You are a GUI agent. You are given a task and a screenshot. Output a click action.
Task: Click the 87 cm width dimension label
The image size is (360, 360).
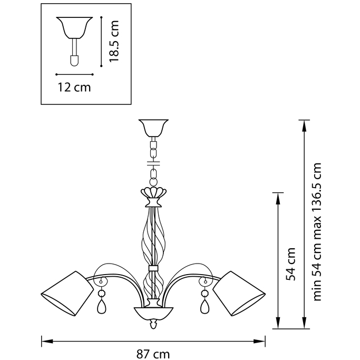pyautogui.click(x=153, y=354)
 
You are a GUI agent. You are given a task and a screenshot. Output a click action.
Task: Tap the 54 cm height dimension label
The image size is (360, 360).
pyautogui.click(x=290, y=264)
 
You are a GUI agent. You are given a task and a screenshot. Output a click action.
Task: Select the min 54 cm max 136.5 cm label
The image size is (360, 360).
pyautogui.click(x=317, y=232)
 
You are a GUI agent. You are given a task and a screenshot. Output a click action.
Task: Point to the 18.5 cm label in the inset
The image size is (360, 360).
pyautogui.click(x=114, y=41)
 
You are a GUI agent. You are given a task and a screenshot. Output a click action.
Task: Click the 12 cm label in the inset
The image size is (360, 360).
pyautogui.click(x=74, y=87)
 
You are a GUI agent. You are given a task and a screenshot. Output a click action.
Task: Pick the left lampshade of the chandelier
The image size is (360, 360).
pyautogui.click(x=67, y=294)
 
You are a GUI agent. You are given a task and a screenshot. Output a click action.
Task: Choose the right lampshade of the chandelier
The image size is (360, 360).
pyautogui.click(x=239, y=294)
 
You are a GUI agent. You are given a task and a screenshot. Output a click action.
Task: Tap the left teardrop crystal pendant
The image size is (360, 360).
pyautogui.click(x=102, y=307)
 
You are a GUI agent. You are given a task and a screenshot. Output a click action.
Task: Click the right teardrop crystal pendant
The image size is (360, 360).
pyautogui.click(x=205, y=307)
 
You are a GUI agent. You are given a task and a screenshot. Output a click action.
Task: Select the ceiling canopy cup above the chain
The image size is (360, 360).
pyautogui.click(x=153, y=128)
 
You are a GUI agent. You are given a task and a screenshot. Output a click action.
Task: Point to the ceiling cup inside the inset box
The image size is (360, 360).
pyautogui.click(x=74, y=27)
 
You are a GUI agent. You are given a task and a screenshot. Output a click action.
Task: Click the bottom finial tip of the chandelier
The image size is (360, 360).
pyautogui.click(x=153, y=328)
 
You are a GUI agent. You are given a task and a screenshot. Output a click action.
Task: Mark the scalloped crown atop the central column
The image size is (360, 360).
pyautogui.click(x=153, y=192)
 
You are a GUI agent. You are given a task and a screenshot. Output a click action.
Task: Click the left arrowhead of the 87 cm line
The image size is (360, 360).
pyautogui.click(x=47, y=342)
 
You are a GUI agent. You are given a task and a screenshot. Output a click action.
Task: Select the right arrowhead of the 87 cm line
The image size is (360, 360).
pyautogui.click(x=259, y=342)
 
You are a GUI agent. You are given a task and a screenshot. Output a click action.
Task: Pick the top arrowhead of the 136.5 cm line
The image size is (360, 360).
pyautogui.click(x=304, y=125)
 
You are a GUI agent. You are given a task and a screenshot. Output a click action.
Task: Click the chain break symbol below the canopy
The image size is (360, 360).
pyautogui.click(x=153, y=163)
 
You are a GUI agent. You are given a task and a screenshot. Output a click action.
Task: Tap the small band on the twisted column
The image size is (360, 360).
pyautogui.click(x=153, y=268)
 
